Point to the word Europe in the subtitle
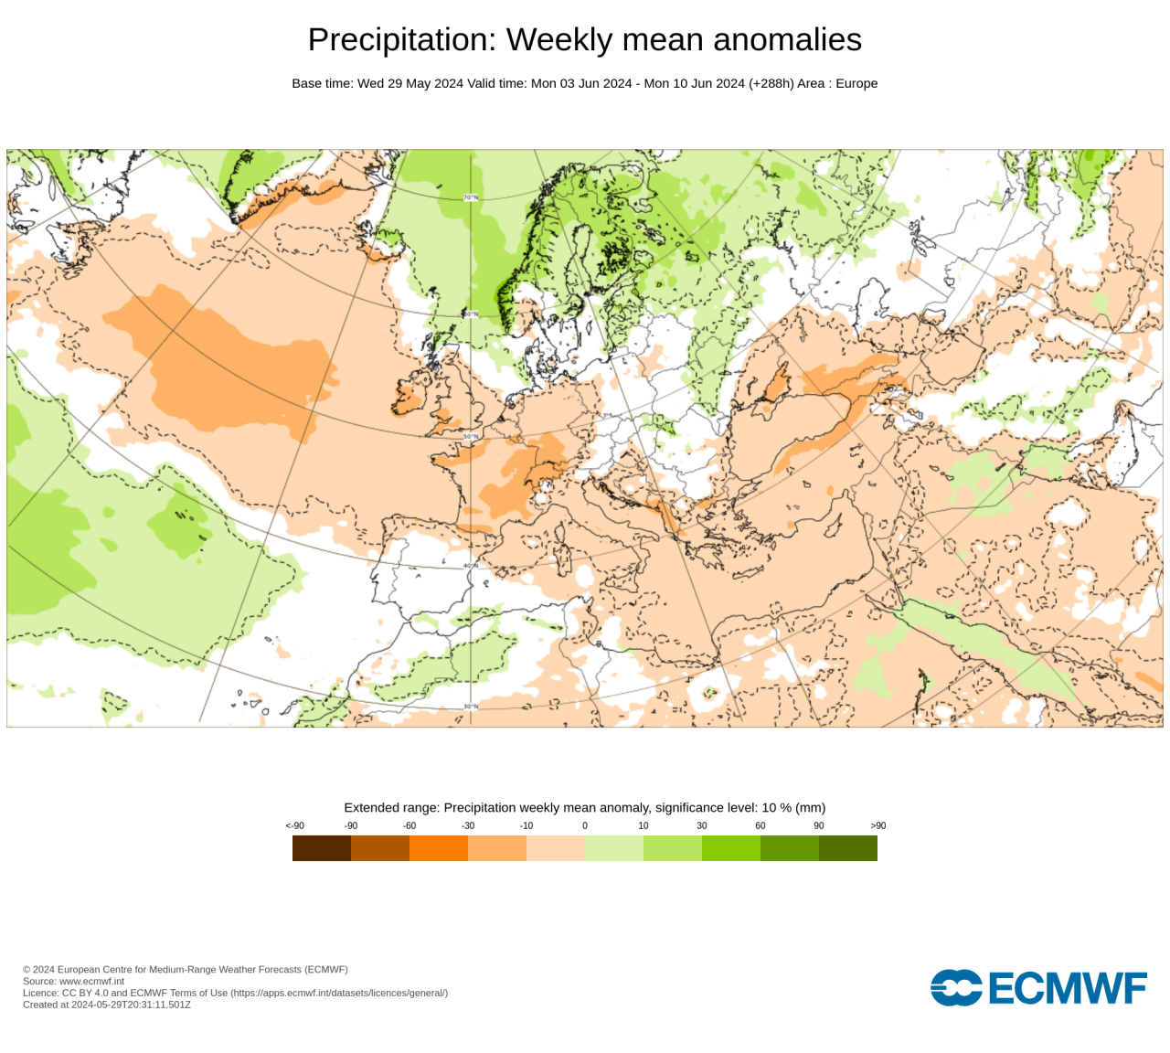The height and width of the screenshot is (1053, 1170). tap(856, 83)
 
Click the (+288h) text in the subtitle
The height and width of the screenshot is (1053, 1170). tap(771, 83)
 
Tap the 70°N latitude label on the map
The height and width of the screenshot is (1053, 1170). tap(471, 197)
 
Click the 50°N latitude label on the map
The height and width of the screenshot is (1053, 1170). tap(471, 437)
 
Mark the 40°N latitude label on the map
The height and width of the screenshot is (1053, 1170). tap(471, 566)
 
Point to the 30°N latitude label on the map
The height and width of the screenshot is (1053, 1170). tap(471, 707)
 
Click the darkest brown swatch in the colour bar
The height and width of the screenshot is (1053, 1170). tap(322, 848)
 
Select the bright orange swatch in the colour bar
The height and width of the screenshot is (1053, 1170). tap(439, 848)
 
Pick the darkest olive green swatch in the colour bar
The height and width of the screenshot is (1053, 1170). tap(848, 848)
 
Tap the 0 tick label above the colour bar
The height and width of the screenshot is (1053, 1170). tap(585, 825)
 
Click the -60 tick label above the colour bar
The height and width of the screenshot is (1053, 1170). tap(409, 825)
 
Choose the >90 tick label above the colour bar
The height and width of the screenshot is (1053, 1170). tap(877, 825)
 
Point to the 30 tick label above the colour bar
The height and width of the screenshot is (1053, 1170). tap(702, 825)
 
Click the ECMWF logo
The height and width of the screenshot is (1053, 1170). tap(1038, 988)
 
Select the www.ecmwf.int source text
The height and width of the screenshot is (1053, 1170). tap(91, 981)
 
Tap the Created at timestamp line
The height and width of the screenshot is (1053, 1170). tap(107, 1005)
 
